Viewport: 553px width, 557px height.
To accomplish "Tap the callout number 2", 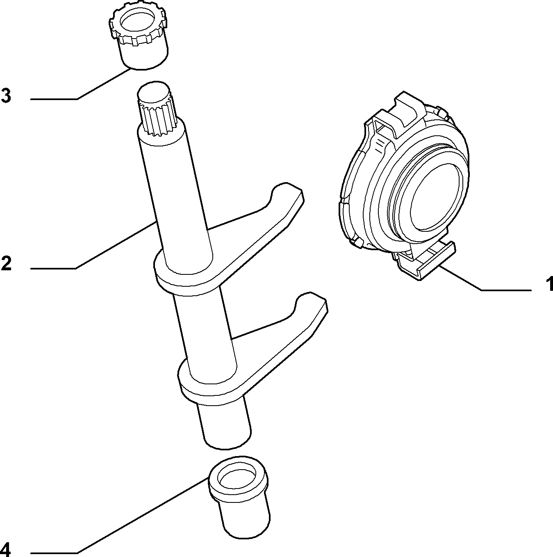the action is (x=6, y=263).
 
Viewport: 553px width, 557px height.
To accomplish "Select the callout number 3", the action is (x=6, y=95).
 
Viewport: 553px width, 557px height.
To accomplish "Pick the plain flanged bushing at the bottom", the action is (x=240, y=500).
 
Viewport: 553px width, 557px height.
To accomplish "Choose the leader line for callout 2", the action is (x=93, y=245).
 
